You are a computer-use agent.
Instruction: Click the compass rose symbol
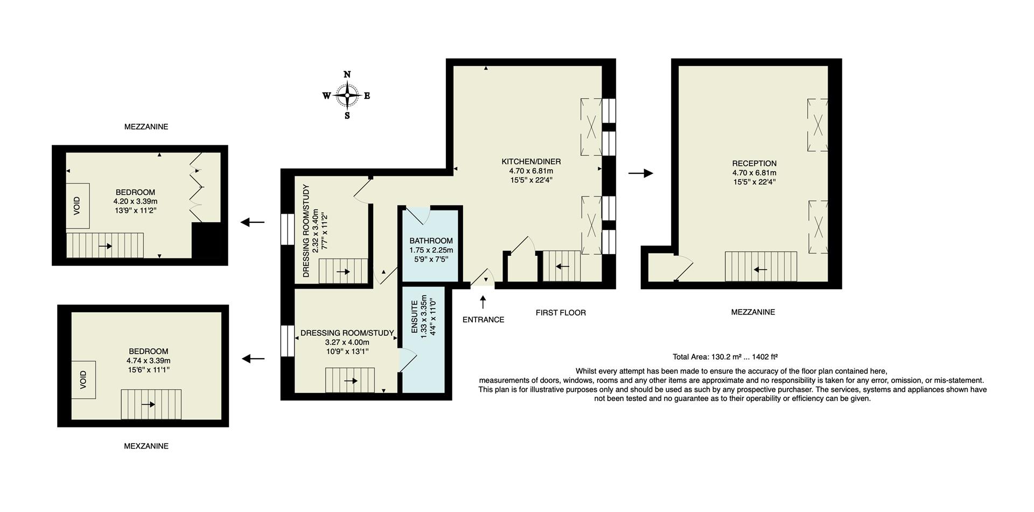[x=347, y=96]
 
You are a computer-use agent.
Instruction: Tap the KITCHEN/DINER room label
[x=531, y=162]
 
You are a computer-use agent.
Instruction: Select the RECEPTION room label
[x=754, y=164]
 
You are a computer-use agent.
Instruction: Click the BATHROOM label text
[x=431, y=241]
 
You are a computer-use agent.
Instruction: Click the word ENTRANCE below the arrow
[x=483, y=320]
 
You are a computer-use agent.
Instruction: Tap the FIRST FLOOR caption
[x=560, y=313]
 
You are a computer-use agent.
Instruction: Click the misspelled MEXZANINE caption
[x=146, y=446]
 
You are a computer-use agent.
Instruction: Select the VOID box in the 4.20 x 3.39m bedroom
[x=78, y=206]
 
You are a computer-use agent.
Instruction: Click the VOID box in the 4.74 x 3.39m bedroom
[x=83, y=380]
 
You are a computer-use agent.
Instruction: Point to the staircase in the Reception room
[x=760, y=266]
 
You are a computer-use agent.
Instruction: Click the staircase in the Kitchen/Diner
[x=561, y=266]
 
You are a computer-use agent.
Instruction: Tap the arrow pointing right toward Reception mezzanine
[x=640, y=173]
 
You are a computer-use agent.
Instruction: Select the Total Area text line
[x=725, y=357]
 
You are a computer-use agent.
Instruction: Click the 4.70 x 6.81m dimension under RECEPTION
[x=754, y=173]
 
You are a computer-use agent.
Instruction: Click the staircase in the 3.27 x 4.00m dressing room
[x=350, y=380]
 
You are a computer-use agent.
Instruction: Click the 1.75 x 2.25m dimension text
[x=431, y=250]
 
